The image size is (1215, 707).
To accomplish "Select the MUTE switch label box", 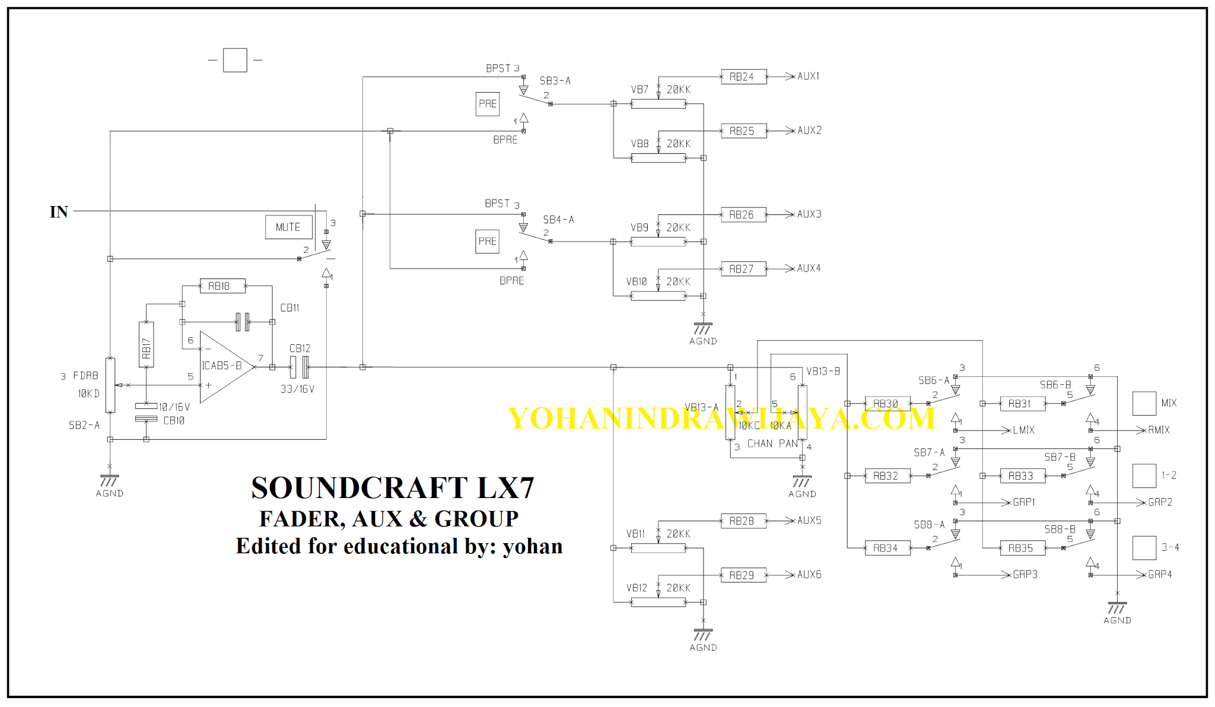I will click(288, 227).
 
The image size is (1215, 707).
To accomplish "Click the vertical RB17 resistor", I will click(146, 345).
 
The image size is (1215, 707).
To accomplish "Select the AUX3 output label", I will click(809, 214).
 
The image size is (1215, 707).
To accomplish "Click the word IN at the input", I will click(59, 212).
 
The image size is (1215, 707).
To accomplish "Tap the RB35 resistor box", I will click(1022, 548).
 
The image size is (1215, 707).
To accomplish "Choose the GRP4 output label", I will click(1160, 575).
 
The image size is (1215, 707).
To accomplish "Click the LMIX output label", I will click(1023, 430).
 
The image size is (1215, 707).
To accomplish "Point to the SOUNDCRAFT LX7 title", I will click(393, 488).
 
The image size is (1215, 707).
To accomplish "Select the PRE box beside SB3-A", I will click(488, 104).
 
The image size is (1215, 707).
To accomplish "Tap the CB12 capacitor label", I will click(300, 348).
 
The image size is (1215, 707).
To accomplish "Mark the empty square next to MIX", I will click(1144, 404).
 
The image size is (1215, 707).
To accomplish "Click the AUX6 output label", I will click(809, 575).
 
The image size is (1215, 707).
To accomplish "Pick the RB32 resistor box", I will click(887, 476).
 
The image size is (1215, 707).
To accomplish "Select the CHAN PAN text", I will click(772, 444).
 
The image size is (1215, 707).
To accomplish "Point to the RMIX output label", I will click(1159, 430).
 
